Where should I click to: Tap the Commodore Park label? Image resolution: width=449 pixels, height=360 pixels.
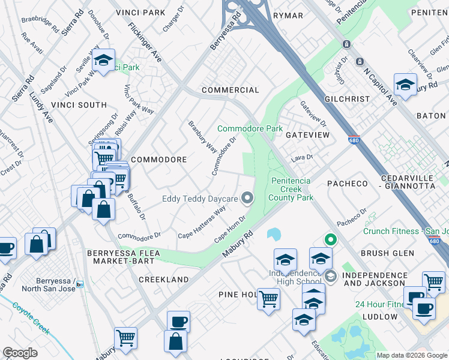(250, 129)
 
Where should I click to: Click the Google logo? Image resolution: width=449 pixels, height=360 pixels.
(20, 353)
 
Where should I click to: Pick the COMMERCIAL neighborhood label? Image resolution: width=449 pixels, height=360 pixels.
(231, 90)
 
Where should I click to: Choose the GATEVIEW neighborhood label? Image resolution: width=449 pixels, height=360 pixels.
(307, 135)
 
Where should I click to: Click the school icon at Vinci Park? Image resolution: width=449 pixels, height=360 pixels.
(104, 60)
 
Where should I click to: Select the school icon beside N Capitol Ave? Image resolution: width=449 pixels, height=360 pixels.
(405, 84)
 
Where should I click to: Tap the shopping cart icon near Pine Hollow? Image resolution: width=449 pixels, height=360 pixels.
(268, 298)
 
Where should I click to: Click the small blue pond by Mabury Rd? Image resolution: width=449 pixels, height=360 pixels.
(274, 233)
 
